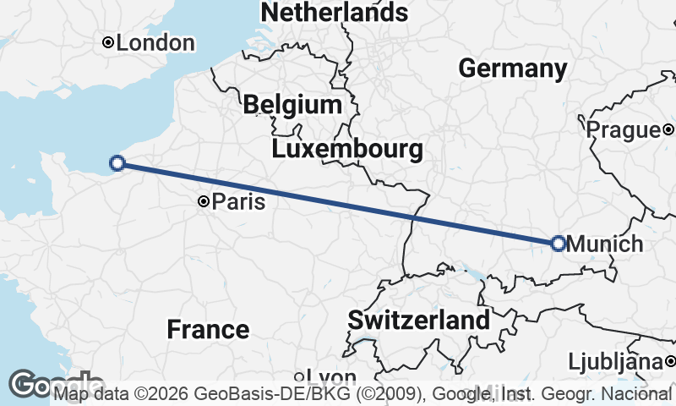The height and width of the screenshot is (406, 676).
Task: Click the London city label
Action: pyautogui.click(x=155, y=42)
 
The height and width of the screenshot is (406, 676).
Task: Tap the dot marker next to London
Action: pyautogui.click(x=108, y=42)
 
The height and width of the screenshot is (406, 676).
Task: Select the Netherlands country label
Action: pyautogui.click(x=335, y=12)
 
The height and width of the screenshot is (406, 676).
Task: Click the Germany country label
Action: pyautogui.click(x=512, y=69)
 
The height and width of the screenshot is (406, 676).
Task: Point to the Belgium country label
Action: pyautogui.click(x=292, y=105)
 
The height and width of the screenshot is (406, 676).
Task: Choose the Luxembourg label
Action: pyautogui.click(x=347, y=150)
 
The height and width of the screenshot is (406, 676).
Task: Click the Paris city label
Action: pyautogui.click(x=238, y=202)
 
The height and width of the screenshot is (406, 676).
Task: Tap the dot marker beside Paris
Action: pyautogui.click(x=204, y=201)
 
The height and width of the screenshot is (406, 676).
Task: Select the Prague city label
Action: pyautogui.click(x=623, y=129)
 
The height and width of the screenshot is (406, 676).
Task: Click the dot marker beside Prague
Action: pyautogui.click(x=668, y=129)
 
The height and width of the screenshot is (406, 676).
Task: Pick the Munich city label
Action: pyautogui.click(x=605, y=244)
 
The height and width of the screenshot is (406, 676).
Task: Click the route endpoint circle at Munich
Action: pyautogui.click(x=558, y=244)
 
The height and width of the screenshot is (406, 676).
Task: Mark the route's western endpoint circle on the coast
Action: pyautogui.click(x=117, y=163)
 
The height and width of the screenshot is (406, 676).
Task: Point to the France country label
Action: pyautogui.click(x=208, y=329)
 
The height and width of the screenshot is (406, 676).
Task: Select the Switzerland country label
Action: pyautogui.click(x=418, y=321)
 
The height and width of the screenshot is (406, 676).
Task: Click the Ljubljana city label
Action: pyautogui.click(x=614, y=362)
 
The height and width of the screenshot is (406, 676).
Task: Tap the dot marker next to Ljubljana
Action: pyautogui.click(x=669, y=362)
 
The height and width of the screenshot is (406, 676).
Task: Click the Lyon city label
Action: pyautogui.click(x=330, y=377)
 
